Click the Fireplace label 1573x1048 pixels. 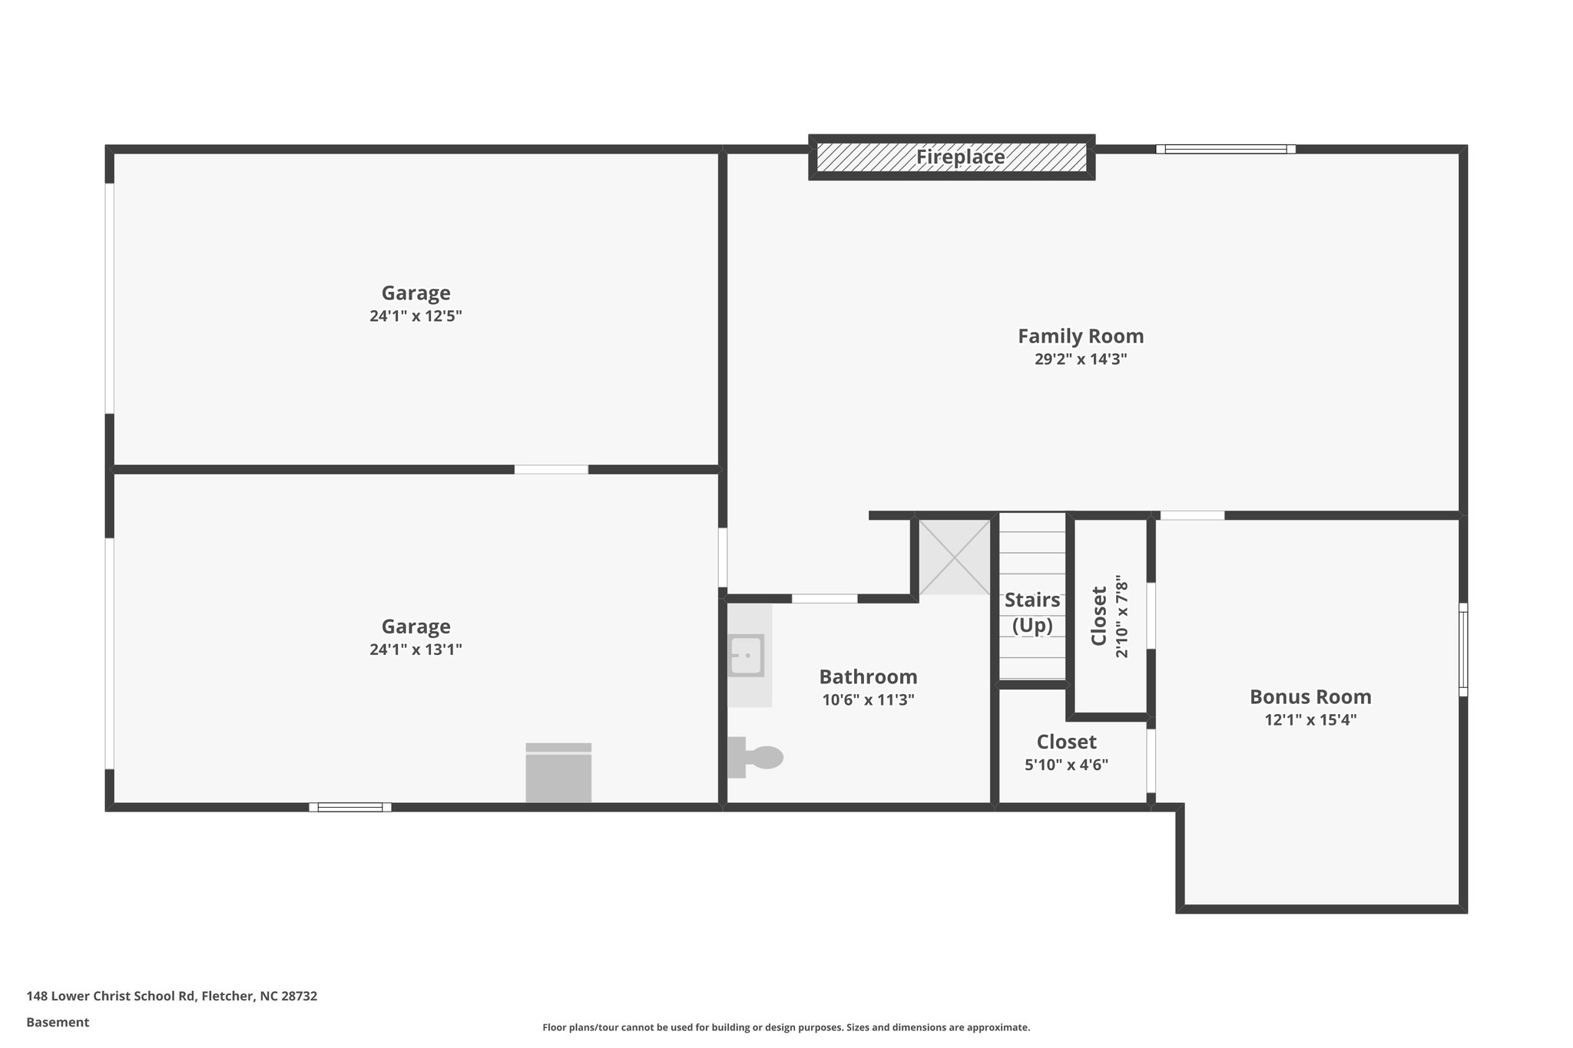[960, 157]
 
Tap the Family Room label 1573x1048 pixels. [1080, 336]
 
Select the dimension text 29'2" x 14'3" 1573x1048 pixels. [1080, 359]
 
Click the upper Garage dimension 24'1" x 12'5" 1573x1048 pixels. [416, 316]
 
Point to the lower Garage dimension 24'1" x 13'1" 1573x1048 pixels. [416, 650]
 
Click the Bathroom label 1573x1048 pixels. [868, 677]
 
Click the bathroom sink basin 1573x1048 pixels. [746, 656]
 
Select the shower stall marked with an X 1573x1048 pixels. [955, 557]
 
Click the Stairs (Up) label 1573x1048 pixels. [1032, 613]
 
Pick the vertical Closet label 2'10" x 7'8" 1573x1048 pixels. [1110, 617]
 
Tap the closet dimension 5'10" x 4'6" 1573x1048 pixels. [1066, 765]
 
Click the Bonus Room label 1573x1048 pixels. [1310, 697]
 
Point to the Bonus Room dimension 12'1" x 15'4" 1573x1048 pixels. [1310, 720]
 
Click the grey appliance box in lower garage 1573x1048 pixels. [558, 773]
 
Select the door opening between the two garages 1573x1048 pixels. [551, 469]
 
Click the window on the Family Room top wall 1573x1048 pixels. [1226, 150]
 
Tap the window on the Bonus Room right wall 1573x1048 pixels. [1462, 650]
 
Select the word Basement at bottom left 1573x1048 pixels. [58, 1023]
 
